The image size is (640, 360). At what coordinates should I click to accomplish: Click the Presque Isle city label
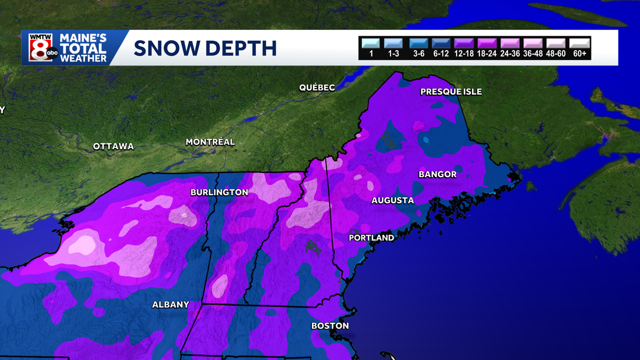451,92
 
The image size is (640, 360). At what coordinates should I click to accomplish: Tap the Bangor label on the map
437,174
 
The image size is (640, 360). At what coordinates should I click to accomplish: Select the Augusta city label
393,201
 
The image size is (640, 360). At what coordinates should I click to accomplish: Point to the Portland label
371,238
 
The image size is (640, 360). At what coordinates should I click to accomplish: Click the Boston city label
330,326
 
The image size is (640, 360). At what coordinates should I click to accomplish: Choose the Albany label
171,305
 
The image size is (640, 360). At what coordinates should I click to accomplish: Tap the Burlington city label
219,193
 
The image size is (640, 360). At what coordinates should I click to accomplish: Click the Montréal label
210,142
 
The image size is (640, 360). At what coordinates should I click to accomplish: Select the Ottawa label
113,146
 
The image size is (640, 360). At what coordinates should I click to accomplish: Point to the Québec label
317,87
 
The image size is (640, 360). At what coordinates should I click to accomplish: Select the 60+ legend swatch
579,43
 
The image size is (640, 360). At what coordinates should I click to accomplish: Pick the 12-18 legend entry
465,43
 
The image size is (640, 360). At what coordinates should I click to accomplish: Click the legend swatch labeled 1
371,43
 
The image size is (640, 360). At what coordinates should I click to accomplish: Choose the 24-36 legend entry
510,43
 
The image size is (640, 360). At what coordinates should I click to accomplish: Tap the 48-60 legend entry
556,43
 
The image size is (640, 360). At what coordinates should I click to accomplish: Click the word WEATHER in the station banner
83,58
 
